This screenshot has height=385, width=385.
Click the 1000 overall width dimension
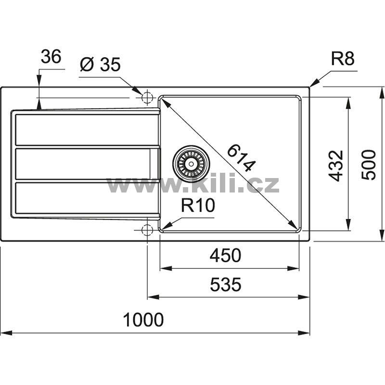click(143, 320)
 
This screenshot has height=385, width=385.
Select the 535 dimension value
click(226, 284)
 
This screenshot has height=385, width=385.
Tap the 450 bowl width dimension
click(225, 256)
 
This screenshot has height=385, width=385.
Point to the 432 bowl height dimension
click(335, 166)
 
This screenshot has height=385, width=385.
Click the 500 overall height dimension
click(369, 165)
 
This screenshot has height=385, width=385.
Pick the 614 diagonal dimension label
click(241, 158)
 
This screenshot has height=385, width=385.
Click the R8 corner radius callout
click(343, 59)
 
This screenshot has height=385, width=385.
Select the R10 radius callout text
click(198, 205)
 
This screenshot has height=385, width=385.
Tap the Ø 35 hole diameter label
click(101, 64)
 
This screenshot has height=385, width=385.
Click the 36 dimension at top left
click(51, 56)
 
